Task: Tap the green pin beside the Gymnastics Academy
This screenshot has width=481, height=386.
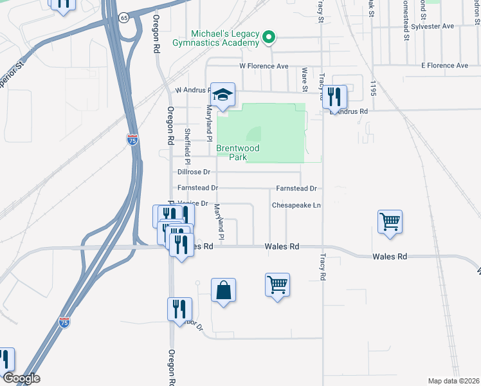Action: [x=270, y=39]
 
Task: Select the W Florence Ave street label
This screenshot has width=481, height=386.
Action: [x=264, y=66]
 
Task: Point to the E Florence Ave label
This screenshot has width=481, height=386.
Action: [x=444, y=66]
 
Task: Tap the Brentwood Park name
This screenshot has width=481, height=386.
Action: [x=237, y=152]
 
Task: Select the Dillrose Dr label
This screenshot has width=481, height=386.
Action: [x=194, y=172]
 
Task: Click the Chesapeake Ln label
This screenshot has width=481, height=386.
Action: [x=296, y=205]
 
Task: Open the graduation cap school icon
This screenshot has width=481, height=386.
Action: [x=223, y=95]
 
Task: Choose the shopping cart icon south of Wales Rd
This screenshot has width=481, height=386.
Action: [x=277, y=284]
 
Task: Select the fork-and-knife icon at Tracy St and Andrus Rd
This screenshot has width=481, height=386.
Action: [x=334, y=97]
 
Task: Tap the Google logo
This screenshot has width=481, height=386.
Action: [x=21, y=378]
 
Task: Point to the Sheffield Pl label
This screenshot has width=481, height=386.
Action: [x=187, y=140]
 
